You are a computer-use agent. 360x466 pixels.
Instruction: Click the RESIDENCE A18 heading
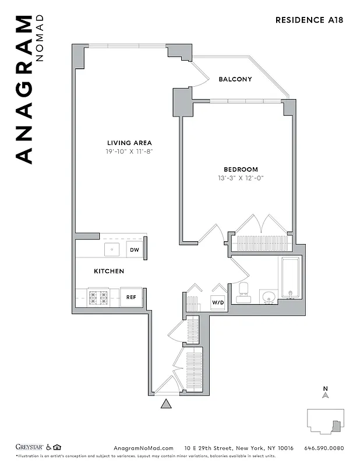(309, 20)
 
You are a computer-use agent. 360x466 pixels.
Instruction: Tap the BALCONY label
(235, 79)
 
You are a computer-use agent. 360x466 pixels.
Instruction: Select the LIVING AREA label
(129, 143)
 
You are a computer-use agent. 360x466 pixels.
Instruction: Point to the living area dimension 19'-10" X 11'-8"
(129, 151)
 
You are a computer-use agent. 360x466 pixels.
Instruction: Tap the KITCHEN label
(109, 271)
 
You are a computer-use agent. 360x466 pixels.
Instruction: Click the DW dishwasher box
(135, 250)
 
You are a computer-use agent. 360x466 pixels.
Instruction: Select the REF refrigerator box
(132, 297)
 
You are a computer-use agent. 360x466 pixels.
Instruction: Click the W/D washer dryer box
(217, 303)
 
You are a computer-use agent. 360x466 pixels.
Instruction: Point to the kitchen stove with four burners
(98, 297)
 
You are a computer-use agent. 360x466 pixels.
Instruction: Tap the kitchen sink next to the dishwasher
(112, 250)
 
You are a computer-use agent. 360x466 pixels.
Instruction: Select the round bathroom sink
(269, 297)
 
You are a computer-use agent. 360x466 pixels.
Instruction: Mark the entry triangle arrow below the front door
(166, 404)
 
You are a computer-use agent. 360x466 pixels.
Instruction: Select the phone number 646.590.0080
(324, 448)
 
